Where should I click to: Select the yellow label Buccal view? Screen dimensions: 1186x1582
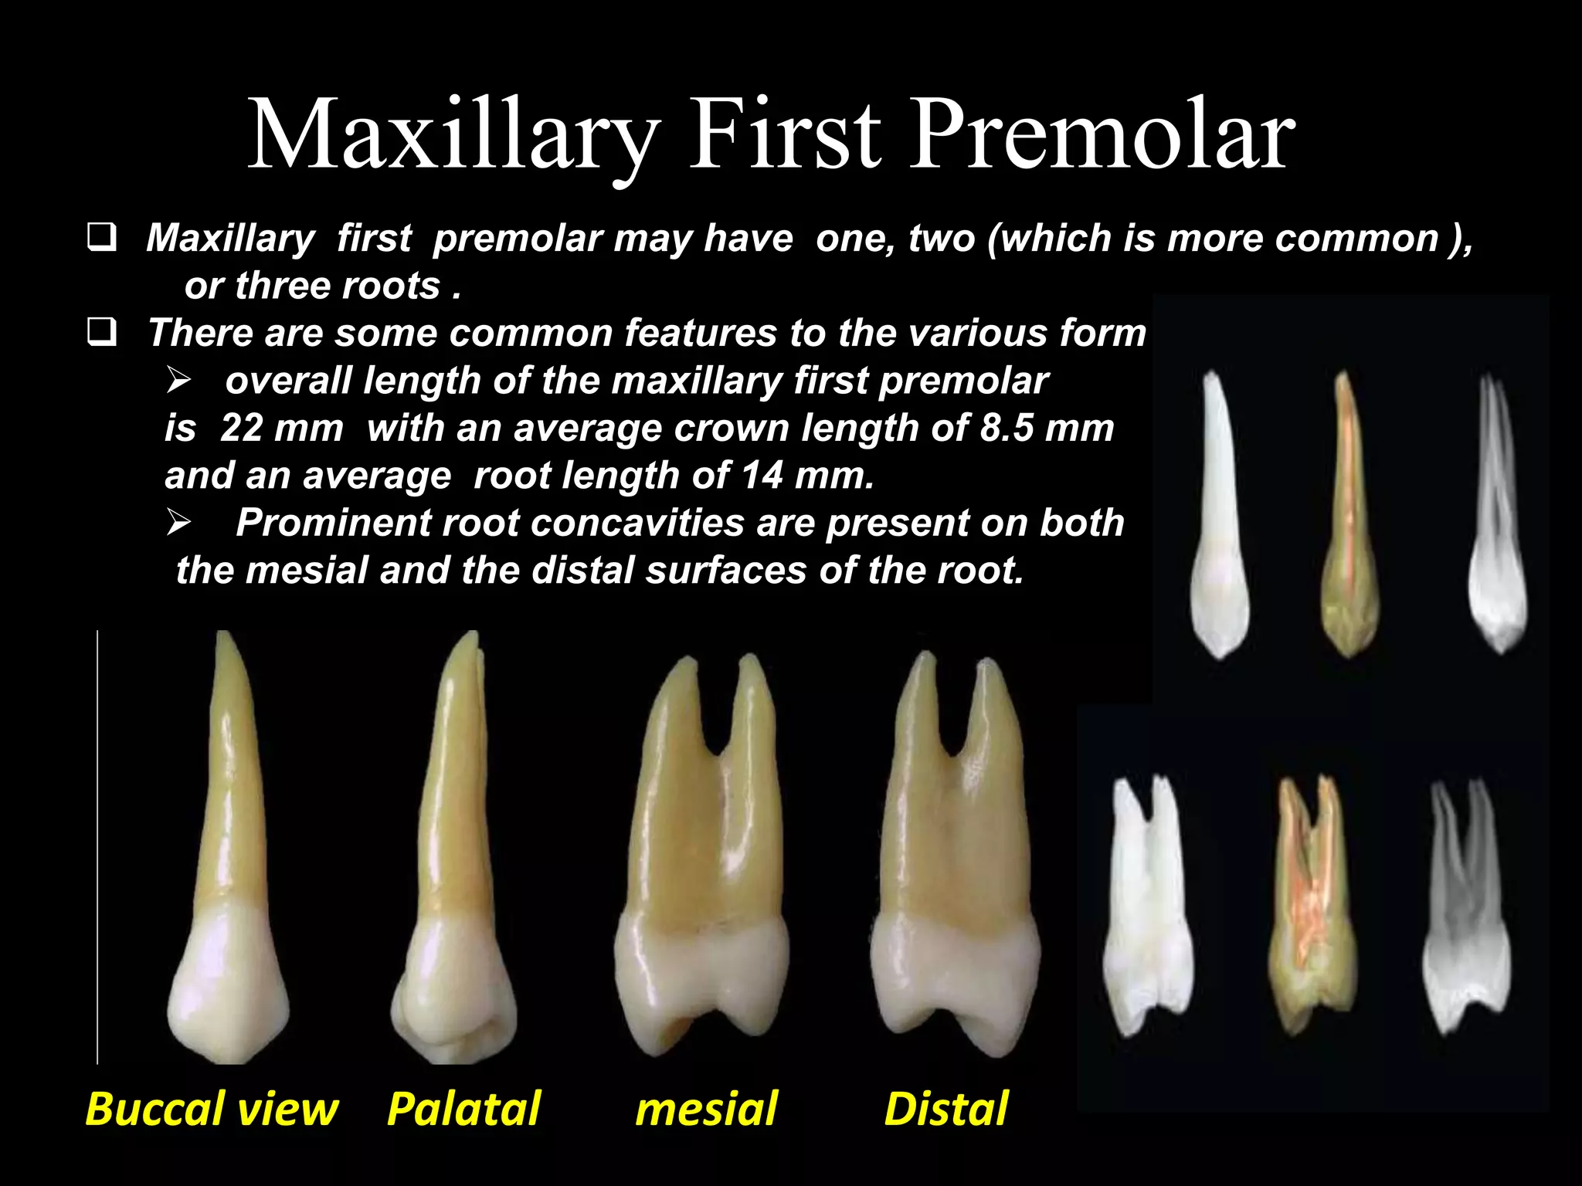point(212,1109)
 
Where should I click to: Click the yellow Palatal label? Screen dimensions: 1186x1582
point(463,1109)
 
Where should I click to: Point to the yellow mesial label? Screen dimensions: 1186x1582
point(706,1109)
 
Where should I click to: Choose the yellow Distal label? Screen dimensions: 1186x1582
point(946,1109)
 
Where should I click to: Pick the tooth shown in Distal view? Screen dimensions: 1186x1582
point(955,865)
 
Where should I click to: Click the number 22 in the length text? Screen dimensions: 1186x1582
point(242,429)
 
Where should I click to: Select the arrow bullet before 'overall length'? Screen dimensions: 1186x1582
point(179,381)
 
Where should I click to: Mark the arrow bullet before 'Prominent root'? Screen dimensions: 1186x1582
point(179,524)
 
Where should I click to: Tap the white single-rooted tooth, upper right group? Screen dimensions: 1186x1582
point(1219,517)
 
